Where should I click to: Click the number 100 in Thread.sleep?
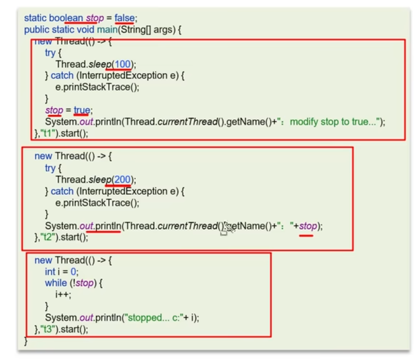coord(124,64)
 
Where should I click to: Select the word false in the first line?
coord(125,18)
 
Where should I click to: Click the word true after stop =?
coord(81,111)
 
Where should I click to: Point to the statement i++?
coord(63,294)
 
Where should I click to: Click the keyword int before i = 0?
coord(50,272)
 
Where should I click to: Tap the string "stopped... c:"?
coord(157,318)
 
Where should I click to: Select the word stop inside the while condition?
coord(85,283)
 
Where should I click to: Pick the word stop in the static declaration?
coord(95,18)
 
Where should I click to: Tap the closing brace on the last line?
coord(26,341)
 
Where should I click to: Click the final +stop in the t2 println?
coord(307,226)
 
